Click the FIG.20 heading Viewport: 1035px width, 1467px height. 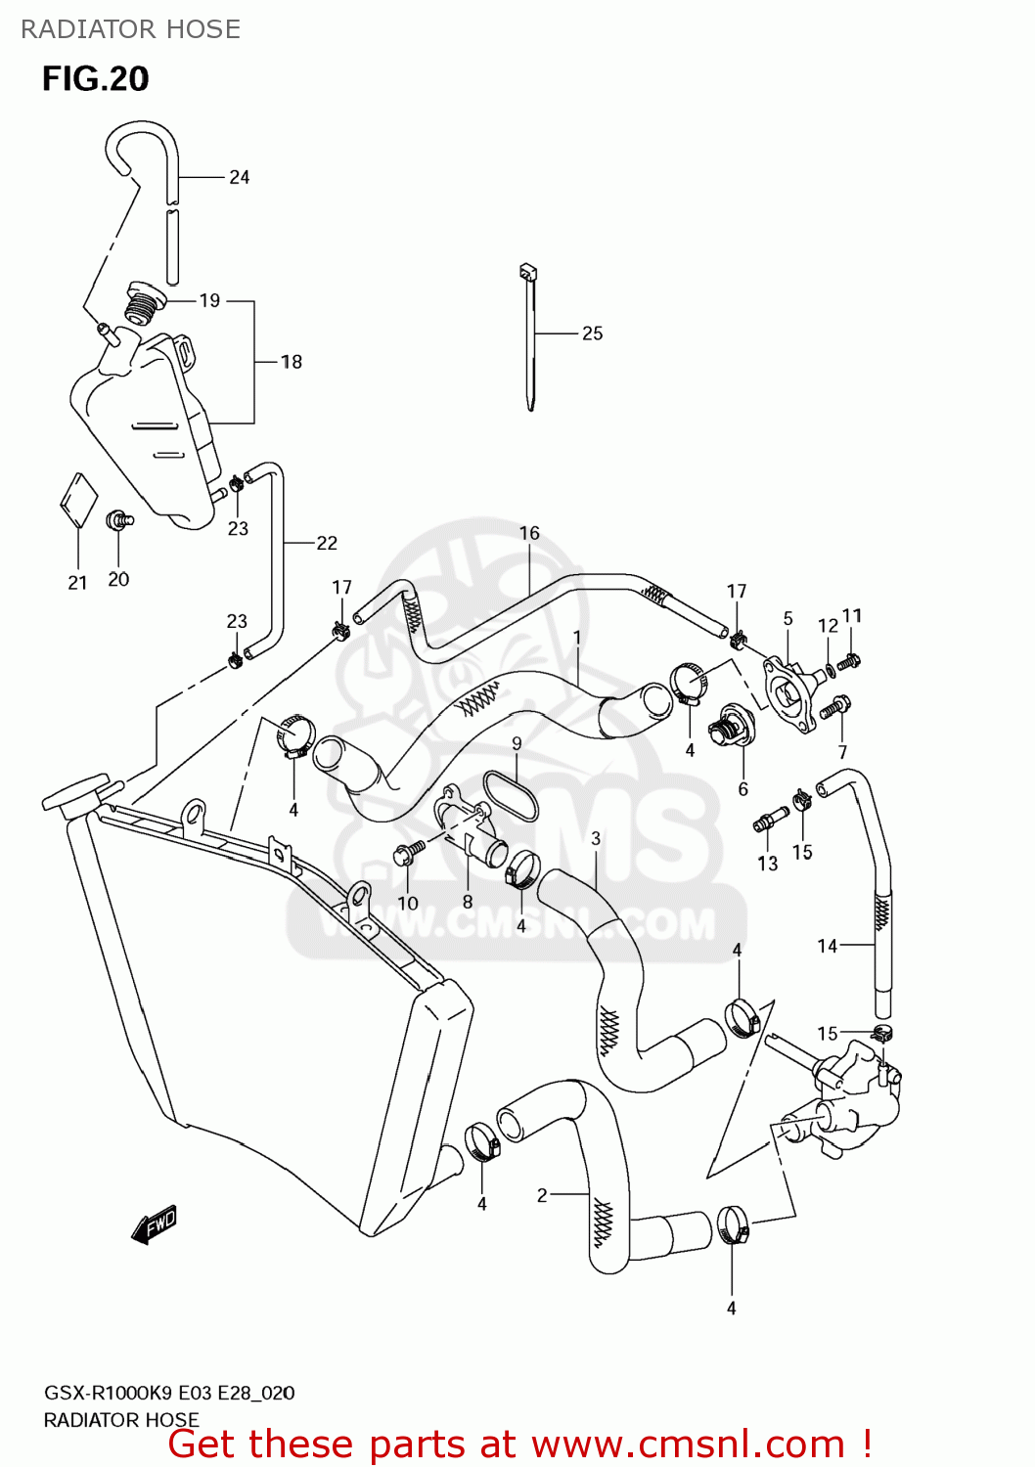click(95, 79)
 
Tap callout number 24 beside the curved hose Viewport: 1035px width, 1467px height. click(240, 177)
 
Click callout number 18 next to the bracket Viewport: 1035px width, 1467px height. click(292, 362)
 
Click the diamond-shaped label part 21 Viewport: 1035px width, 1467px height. click(79, 501)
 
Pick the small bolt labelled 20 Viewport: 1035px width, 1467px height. click(119, 519)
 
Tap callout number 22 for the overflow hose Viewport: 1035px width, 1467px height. click(327, 543)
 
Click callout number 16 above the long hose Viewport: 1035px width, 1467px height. click(529, 533)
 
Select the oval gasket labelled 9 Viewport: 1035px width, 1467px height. click(511, 796)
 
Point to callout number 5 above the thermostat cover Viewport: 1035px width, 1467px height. click(787, 619)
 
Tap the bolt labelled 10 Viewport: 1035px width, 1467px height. click(406, 854)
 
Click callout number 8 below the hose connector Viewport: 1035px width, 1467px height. click(468, 902)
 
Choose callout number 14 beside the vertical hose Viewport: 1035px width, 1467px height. click(828, 946)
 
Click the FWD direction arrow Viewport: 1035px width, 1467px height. click(154, 1223)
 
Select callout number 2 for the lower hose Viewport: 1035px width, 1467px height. click(542, 1194)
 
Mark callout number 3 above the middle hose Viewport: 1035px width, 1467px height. click(596, 838)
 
